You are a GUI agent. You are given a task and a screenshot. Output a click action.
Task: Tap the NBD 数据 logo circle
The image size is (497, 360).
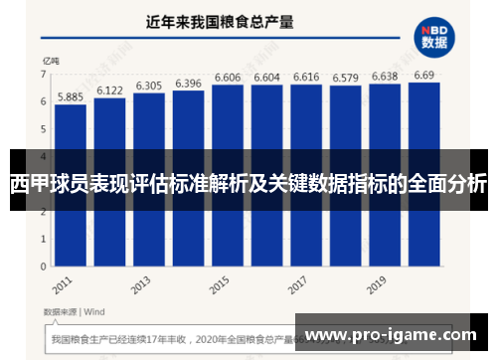point(434,36)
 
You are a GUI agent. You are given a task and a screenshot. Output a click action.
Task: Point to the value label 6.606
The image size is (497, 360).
point(228,77)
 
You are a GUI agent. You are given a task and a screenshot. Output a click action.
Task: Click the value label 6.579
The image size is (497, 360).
point(344,78)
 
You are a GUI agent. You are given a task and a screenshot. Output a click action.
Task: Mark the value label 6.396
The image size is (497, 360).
point(188,83)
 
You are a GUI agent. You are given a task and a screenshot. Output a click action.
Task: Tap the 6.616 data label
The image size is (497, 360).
point(305,77)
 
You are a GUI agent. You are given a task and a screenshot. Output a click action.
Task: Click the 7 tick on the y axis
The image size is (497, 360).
point(43,75)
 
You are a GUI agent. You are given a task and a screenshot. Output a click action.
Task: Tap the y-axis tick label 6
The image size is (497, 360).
point(43,101)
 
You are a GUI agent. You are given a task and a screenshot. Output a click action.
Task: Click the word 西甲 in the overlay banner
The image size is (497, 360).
point(30,186)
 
